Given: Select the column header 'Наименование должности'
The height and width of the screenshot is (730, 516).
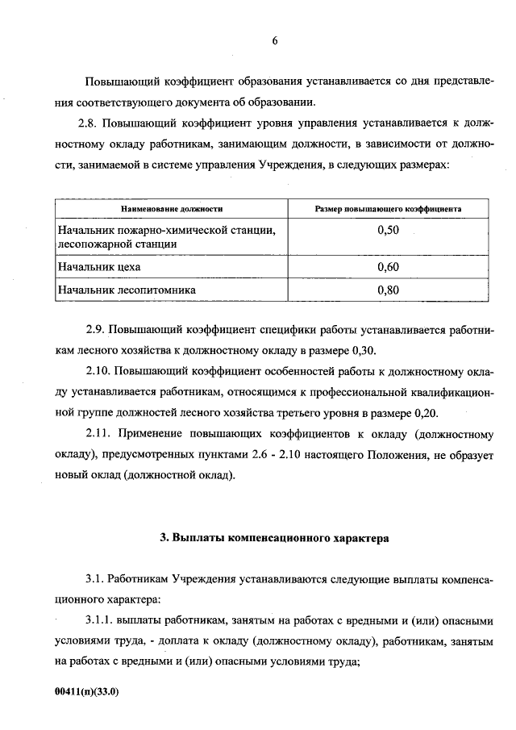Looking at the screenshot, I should [x=172, y=208].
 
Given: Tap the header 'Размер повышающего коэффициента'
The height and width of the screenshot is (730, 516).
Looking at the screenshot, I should [x=388, y=208].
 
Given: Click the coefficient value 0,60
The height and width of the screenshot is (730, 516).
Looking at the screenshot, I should [x=388, y=266].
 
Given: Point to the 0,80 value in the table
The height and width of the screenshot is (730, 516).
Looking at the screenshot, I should [x=388, y=290].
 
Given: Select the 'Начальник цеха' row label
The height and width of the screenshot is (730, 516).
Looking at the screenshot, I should [x=94, y=266].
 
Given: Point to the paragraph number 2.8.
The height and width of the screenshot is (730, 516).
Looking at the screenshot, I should [x=87, y=124].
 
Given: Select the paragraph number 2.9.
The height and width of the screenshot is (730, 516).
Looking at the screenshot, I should [x=94, y=330].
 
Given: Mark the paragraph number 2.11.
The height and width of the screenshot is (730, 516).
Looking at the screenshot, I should [x=98, y=433].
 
